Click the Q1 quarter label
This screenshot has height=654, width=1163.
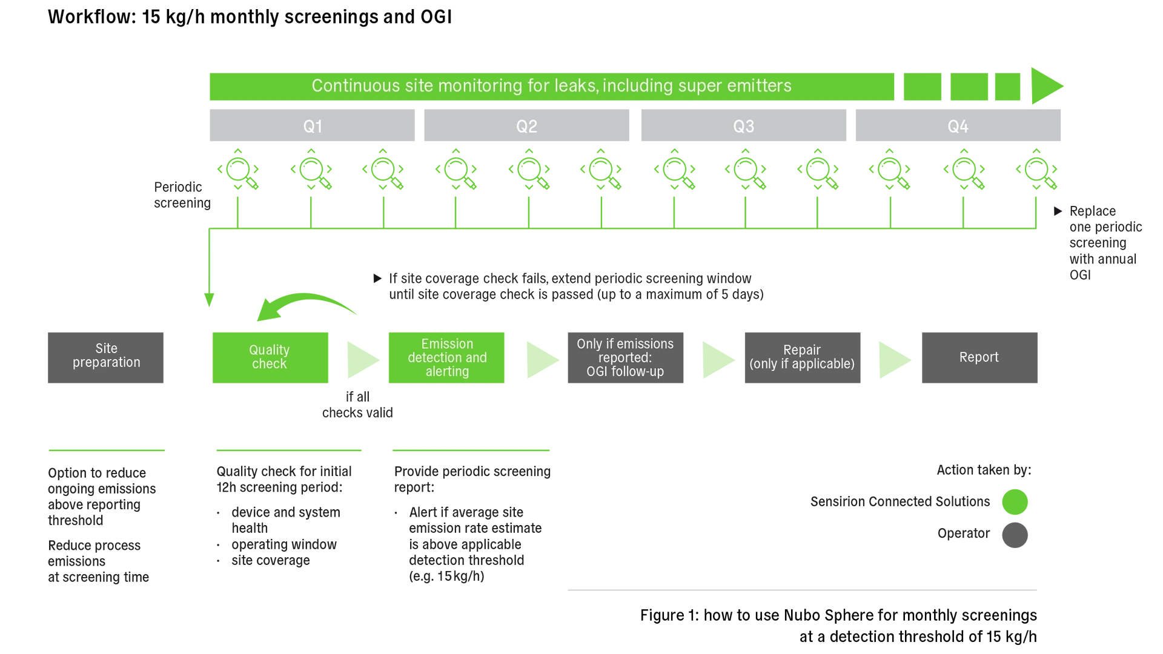[x=313, y=127]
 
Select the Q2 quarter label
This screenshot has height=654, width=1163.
[x=526, y=127]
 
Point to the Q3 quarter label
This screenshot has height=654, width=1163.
[x=743, y=127]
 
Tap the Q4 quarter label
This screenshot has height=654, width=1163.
[x=958, y=127]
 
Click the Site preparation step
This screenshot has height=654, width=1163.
[x=107, y=355]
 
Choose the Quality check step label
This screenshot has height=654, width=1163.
[x=269, y=357]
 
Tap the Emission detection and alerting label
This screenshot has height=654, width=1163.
[x=447, y=357]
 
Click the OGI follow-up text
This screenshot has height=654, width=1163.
[x=625, y=372]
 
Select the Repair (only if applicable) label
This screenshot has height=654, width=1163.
[x=801, y=357]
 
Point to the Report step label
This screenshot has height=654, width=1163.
[x=978, y=357]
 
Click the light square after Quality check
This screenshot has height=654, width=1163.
[x=366, y=360]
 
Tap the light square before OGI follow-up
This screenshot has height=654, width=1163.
[x=545, y=360]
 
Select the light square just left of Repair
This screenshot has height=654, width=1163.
[x=721, y=360]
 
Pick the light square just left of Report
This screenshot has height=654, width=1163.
[x=898, y=360]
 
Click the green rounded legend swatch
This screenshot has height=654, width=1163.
[x=1081, y=501]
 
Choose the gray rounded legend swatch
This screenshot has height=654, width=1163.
[x=1081, y=537]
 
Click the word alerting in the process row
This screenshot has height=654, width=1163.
[x=447, y=372]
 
